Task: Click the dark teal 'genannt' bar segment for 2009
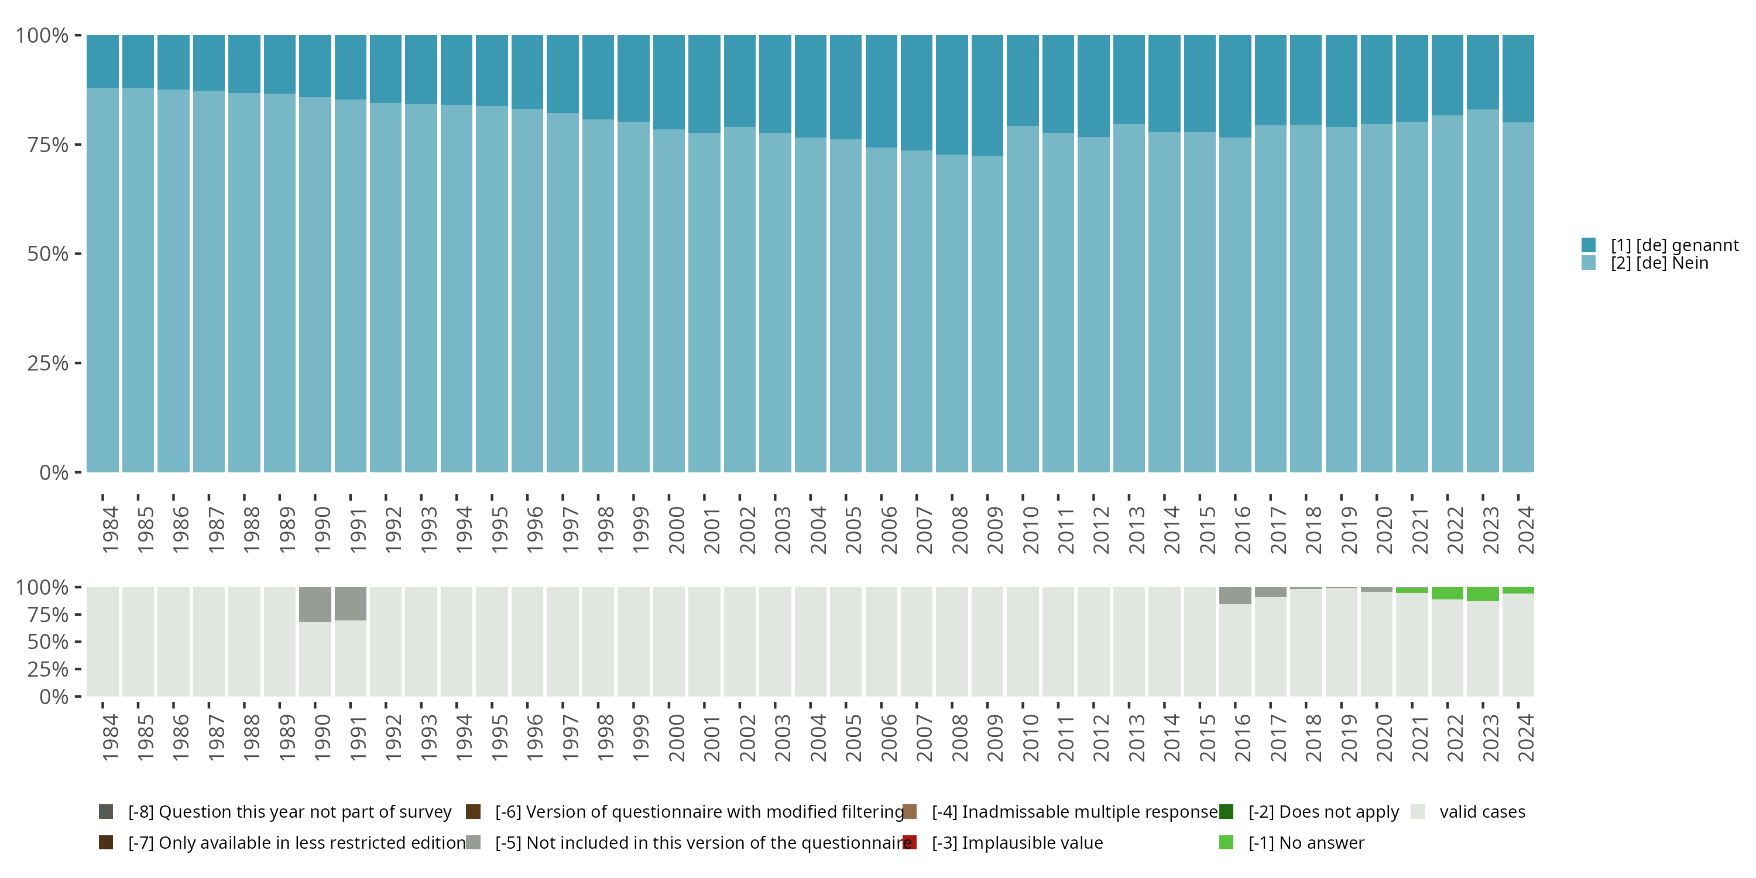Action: (987, 95)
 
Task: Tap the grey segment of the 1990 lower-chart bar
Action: (315, 604)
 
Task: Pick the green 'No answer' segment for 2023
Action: (1483, 594)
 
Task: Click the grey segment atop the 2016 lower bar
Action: (1235, 595)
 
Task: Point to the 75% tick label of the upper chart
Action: (48, 145)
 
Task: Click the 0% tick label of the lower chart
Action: (54, 697)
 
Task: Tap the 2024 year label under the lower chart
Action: (1525, 738)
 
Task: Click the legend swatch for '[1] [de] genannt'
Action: (1589, 245)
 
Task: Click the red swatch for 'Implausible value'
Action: (910, 842)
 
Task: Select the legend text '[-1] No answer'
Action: (1306, 842)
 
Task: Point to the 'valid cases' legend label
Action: (1482, 812)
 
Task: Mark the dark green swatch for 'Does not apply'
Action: (1226, 812)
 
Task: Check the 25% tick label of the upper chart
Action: (48, 363)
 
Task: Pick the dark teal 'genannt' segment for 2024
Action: (1518, 78)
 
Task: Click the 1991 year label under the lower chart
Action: (358, 738)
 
